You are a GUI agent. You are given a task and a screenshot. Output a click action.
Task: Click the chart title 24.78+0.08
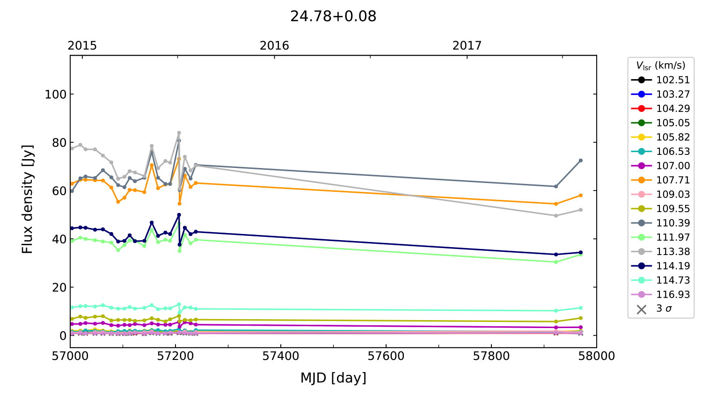[333, 16]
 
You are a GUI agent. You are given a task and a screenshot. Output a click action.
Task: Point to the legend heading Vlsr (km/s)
[660, 66]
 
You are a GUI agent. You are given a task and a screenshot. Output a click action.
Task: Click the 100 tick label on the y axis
[56, 94]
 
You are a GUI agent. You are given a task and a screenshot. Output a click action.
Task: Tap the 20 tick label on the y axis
[59, 287]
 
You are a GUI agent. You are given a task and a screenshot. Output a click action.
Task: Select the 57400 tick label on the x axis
[281, 356]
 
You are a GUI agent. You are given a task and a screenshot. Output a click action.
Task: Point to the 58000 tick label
[596, 356]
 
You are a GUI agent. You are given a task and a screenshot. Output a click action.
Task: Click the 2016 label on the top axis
[274, 45]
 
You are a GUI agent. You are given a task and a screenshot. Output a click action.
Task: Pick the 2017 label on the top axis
[467, 45]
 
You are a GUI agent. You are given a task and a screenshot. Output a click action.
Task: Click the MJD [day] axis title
[333, 378]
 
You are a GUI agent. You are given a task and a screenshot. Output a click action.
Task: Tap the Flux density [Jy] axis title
[28, 199]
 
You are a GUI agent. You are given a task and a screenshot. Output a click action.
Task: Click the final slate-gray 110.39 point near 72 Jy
[581, 161]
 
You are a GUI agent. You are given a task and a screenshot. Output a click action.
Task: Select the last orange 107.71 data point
[581, 195]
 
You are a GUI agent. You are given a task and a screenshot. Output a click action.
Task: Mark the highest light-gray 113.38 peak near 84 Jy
[179, 133]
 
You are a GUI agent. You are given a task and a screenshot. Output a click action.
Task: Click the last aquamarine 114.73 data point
[581, 308]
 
